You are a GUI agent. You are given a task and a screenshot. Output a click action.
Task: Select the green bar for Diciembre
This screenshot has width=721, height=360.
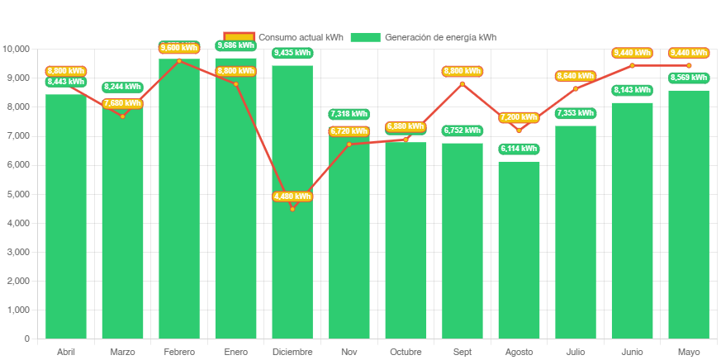pyautogui.click(x=292, y=248)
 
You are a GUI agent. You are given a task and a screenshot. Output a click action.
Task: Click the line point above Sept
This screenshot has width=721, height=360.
pyautogui.click(x=462, y=83)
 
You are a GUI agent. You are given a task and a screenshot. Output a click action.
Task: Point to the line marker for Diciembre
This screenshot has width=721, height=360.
pyautogui.click(x=292, y=208)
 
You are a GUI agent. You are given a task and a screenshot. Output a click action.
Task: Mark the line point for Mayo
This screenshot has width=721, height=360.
pyautogui.click(x=688, y=65)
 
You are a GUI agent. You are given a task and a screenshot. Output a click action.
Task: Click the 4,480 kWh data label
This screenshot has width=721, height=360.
pyautogui.click(x=292, y=197)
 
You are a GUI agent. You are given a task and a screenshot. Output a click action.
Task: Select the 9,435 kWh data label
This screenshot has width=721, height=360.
pyautogui.click(x=292, y=53)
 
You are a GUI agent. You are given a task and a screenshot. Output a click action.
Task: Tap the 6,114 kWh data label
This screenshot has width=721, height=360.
pyautogui.click(x=519, y=149)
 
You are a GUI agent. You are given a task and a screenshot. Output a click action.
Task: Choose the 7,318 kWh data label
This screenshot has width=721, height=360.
pyautogui.click(x=349, y=114)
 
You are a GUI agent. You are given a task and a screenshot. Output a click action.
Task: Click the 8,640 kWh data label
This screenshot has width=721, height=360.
pyautogui.click(x=576, y=76)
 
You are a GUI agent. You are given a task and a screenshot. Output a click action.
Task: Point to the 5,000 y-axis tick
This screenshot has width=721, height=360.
pyautogui.click(x=19, y=194)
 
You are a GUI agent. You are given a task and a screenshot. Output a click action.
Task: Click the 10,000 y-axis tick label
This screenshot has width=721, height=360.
pyautogui.click(x=17, y=49)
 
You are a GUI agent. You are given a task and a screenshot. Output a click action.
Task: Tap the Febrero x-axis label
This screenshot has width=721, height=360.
pyautogui.click(x=179, y=353)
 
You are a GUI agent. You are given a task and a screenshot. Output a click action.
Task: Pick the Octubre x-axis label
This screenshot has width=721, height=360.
pyautogui.click(x=406, y=353)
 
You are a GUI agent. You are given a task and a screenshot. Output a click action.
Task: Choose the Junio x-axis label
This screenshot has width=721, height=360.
pyautogui.click(x=632, y=353)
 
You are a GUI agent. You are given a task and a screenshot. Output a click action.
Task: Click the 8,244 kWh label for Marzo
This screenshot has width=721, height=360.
pyautogui.click(x=122, y=87)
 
